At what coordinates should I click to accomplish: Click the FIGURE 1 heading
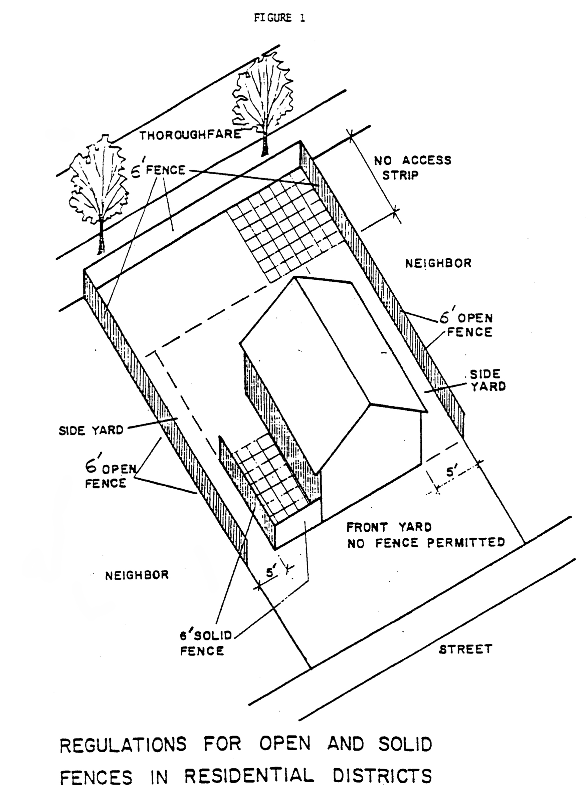coord(279,18)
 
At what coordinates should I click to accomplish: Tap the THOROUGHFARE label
coord(190,135)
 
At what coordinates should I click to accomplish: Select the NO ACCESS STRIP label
coord(412,168)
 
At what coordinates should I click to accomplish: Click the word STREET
coord(465,649)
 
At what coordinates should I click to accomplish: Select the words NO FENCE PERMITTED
coord(426,543)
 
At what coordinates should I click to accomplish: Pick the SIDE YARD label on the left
coord(91,431)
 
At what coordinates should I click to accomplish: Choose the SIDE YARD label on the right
coord(487,380)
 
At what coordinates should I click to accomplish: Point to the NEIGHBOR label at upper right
coord(438,263)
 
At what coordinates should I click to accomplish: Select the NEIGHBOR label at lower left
coord(137,575)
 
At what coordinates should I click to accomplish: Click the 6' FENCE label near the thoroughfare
coord(159,170)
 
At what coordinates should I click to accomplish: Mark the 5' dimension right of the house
coord(451,472)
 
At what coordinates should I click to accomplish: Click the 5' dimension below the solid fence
coord(270,572)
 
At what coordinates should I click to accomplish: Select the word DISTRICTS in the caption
coord(382,776)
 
